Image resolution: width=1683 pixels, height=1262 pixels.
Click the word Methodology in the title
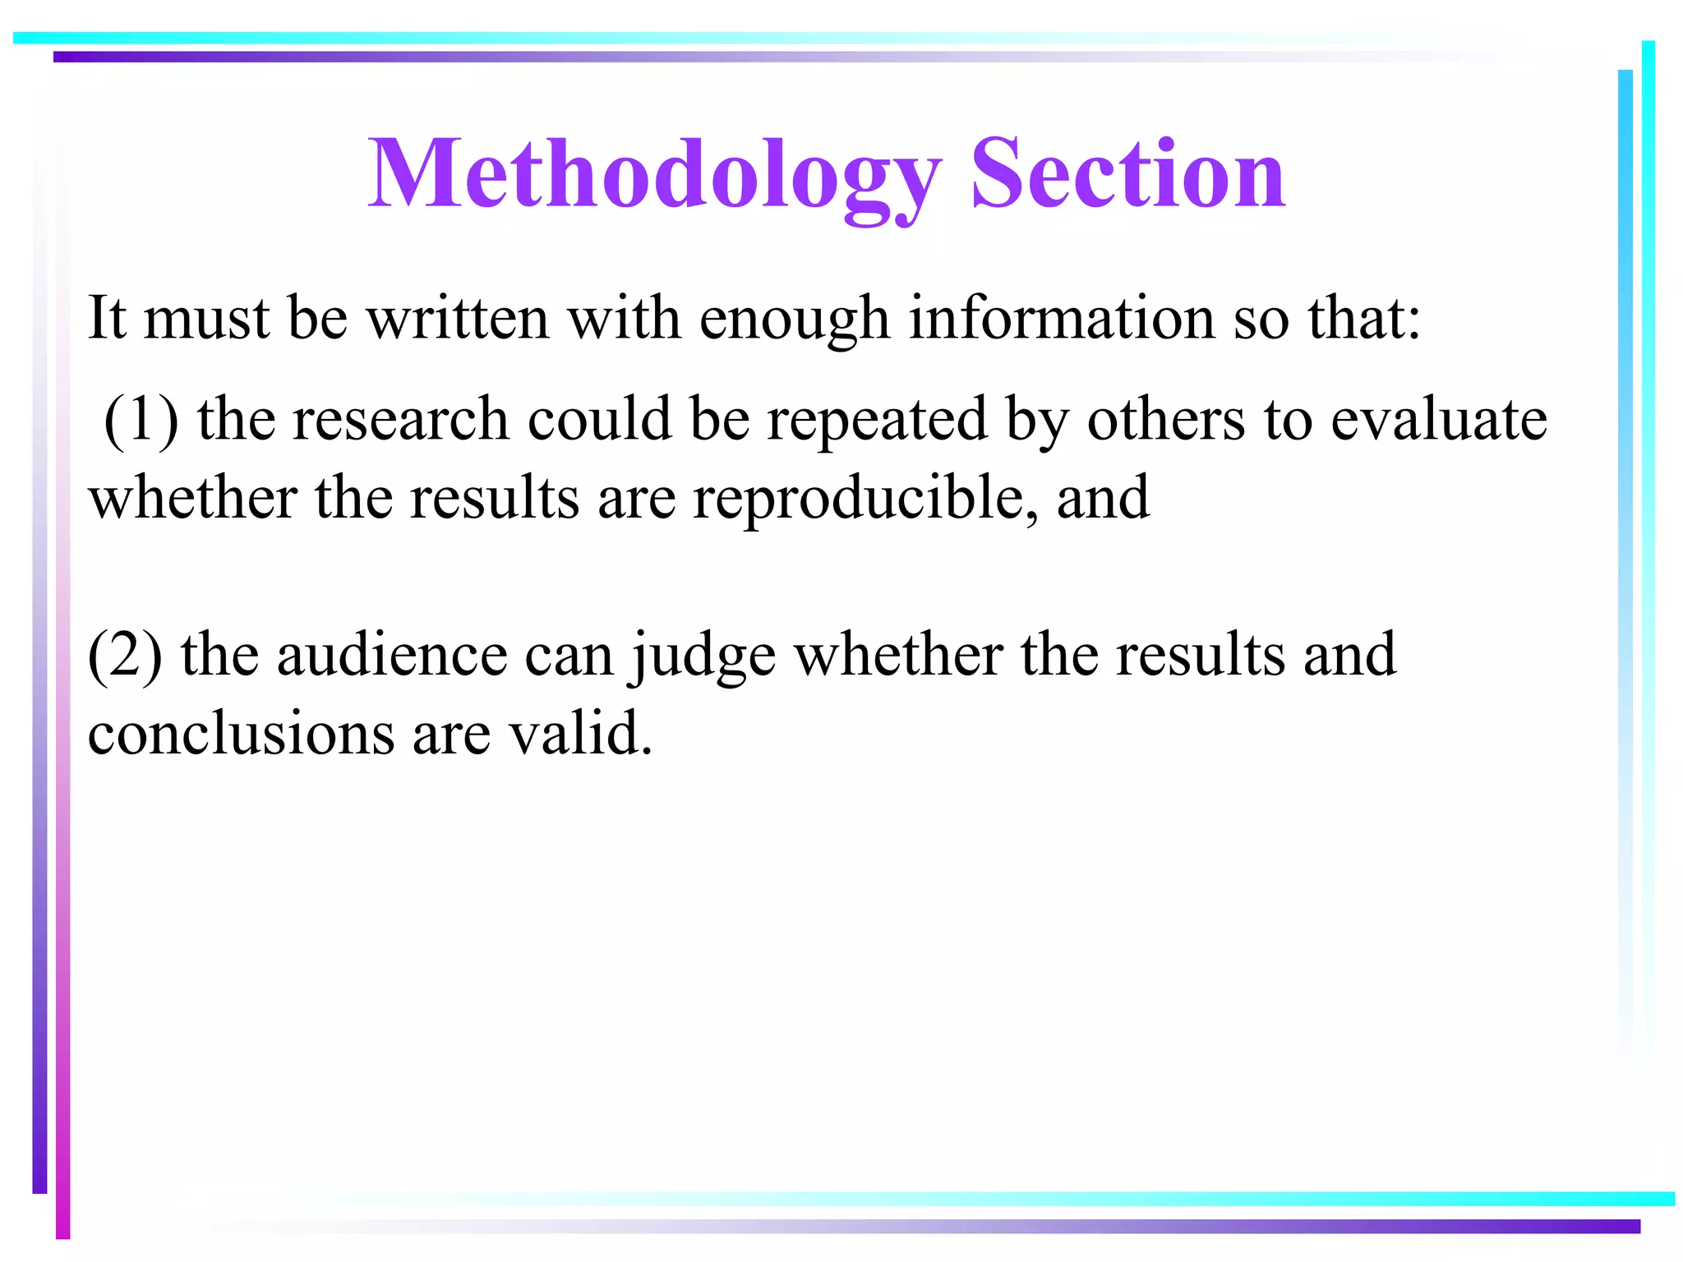click(653, 174)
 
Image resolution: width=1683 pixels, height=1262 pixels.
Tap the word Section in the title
click(1127, 174)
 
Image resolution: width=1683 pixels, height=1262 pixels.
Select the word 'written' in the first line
click(457, 318)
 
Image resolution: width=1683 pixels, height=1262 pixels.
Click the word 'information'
click(1061, 318)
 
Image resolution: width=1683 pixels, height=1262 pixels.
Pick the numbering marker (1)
click(141, 420)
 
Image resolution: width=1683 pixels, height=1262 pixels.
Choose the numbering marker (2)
click(125, 655)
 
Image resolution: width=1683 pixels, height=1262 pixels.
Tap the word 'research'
click(400, 420)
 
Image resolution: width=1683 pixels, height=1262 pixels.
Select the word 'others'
click(1166, 420)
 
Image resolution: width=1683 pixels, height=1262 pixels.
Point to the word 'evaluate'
click(1438, 420)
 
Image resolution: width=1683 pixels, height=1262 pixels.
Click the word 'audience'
click(392, 655)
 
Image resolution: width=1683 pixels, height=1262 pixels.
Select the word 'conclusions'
click(241, 733)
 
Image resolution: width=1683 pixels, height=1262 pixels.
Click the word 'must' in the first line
click(206, 318)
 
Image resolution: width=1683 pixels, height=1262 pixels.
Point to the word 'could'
click(599, 420)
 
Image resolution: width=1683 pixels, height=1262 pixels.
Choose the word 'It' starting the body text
click(107, 318)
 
